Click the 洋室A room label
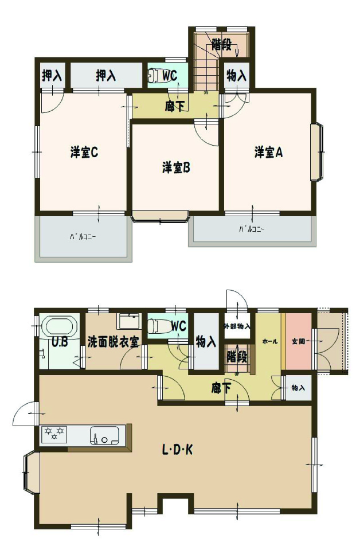[x=268, y=153]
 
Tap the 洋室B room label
[x=176, y=168]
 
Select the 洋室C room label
[x=84, y=153]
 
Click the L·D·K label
[x=178, y=450]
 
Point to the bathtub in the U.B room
[x=60, y=327]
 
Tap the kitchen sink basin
[x=104, y=436]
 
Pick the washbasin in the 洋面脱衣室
[x=129, y=321]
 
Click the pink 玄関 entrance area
[x=299, y=342]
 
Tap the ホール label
[x=270, y=342]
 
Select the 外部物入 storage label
[x=237, y=326]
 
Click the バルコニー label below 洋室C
[x=83, y=237]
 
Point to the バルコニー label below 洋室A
[x=252, y=229]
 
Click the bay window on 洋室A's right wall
[x=317, y=152]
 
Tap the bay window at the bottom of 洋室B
[x=161, y=217]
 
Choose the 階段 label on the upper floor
[x=221, y=45]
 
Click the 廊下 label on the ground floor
[x=221, y=388]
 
